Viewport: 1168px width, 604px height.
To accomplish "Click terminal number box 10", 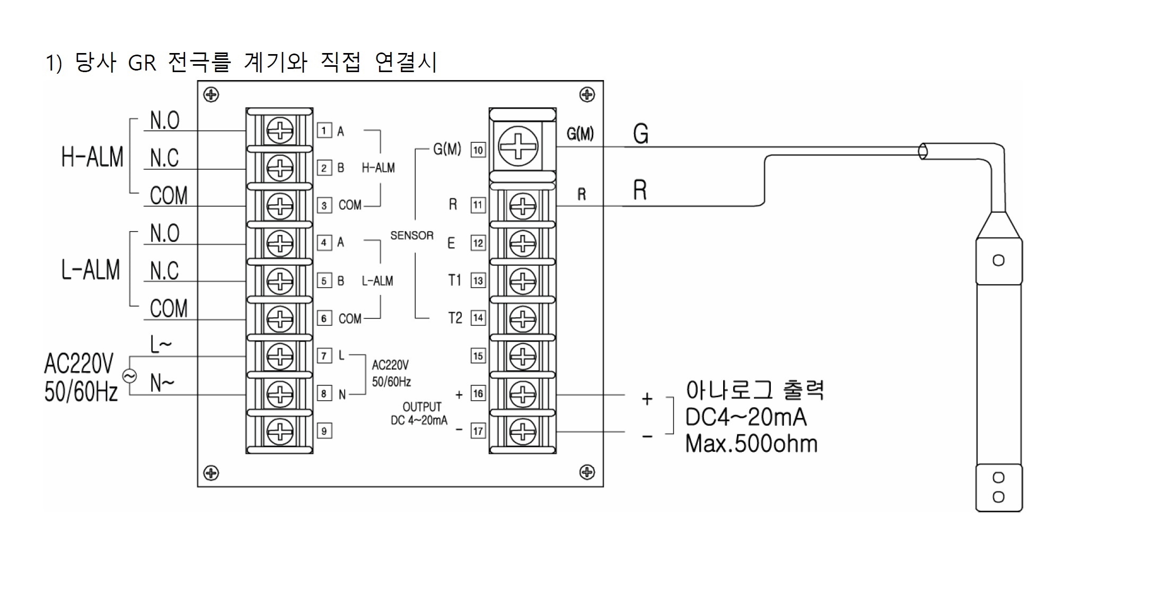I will pyautogui.click(x=478, y=150).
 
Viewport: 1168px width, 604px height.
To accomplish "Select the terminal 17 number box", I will pyautogui.click(x=478, y=431).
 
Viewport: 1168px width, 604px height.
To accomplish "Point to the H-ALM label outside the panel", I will pyautogui.click(x=92, y=157).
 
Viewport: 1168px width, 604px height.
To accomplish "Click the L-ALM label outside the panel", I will pyautogui.click(x=91, y=269).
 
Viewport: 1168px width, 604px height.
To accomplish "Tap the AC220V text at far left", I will pyautogui.click(x=78, y=364).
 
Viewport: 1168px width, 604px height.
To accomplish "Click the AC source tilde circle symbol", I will pyautogui.click(x=129, y=376).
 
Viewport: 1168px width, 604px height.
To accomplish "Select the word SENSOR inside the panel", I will pyautogui.click(x=412, y=235).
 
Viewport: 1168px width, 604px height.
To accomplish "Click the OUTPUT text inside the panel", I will pyautogui.click(x=422, y=407).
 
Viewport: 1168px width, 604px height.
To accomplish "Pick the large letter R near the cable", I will pyautogui.click(x=640, y=190).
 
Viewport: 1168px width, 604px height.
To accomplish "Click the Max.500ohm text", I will pyautogui.click(x=751, y=444).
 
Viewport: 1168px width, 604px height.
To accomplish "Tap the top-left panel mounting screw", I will pyautogui.click(x=211, y=95).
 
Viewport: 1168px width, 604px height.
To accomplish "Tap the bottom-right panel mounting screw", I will pyautogui.click(x=587, y=472).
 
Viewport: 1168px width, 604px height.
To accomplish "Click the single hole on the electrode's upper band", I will pyautogui.click(x=998, y=260).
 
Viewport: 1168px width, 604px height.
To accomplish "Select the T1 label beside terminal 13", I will pyautogui.click(x=454, y=280).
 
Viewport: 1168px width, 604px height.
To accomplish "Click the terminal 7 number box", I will pyautogui.click(x=324, y=356).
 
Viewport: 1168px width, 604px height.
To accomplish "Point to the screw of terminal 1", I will pyautogui.click(x=280, y=130).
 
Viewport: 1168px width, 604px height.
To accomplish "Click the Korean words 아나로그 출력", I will pyautogui.click(x=754, y=390).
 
